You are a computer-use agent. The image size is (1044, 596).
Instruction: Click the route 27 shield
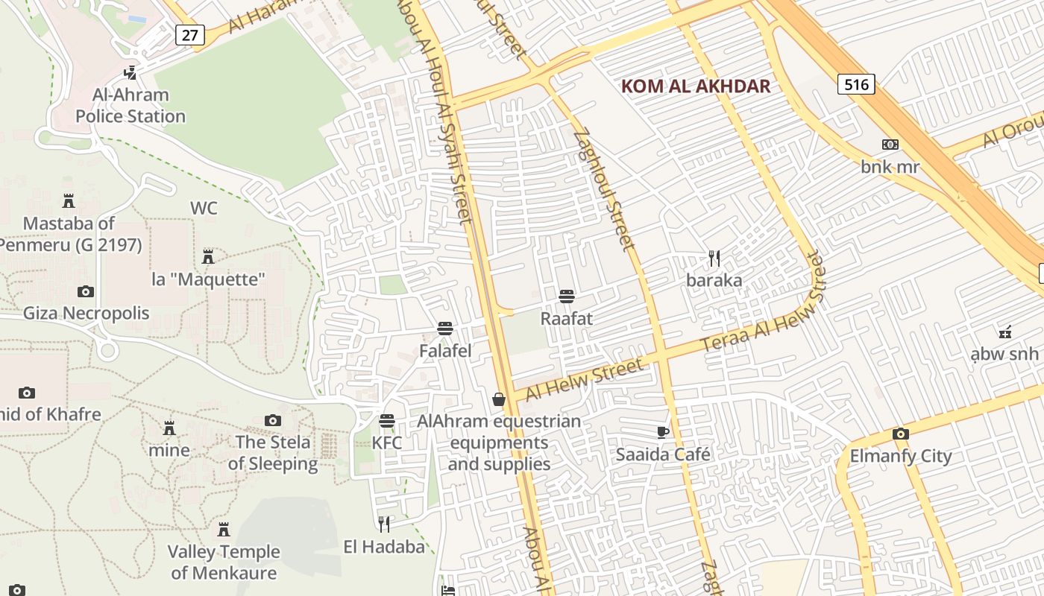(190, 34)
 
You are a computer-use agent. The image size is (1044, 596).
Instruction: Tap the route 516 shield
(855, 84)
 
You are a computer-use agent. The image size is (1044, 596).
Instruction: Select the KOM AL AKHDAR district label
(695, 86)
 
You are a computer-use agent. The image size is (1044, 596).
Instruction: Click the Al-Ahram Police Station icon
(130, 72)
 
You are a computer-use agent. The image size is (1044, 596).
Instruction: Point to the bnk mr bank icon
(890, 145)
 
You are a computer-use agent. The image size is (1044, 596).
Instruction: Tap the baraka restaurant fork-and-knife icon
(714, 259)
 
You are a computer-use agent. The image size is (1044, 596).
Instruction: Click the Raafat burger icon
(566, 297)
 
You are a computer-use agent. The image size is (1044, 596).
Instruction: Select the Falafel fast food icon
(445, 329)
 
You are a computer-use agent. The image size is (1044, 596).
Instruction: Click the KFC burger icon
(386, 421)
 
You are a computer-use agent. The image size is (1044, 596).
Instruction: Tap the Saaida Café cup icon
(662, 432)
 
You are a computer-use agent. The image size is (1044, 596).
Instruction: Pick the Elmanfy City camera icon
(900, 434)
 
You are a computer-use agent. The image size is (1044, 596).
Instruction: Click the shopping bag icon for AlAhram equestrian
(499, 400)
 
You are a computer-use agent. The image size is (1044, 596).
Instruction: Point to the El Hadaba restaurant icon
(383, 524)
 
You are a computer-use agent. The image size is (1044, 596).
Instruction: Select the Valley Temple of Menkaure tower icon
(223, 530)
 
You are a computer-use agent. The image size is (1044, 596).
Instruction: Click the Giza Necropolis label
(86, 313)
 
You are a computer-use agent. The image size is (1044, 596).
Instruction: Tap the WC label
(204, 208)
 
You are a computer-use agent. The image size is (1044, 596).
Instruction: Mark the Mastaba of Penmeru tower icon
(69, 201)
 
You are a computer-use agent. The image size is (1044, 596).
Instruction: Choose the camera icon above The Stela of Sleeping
(273, 421)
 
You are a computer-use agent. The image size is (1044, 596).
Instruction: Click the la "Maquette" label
(208, 279)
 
